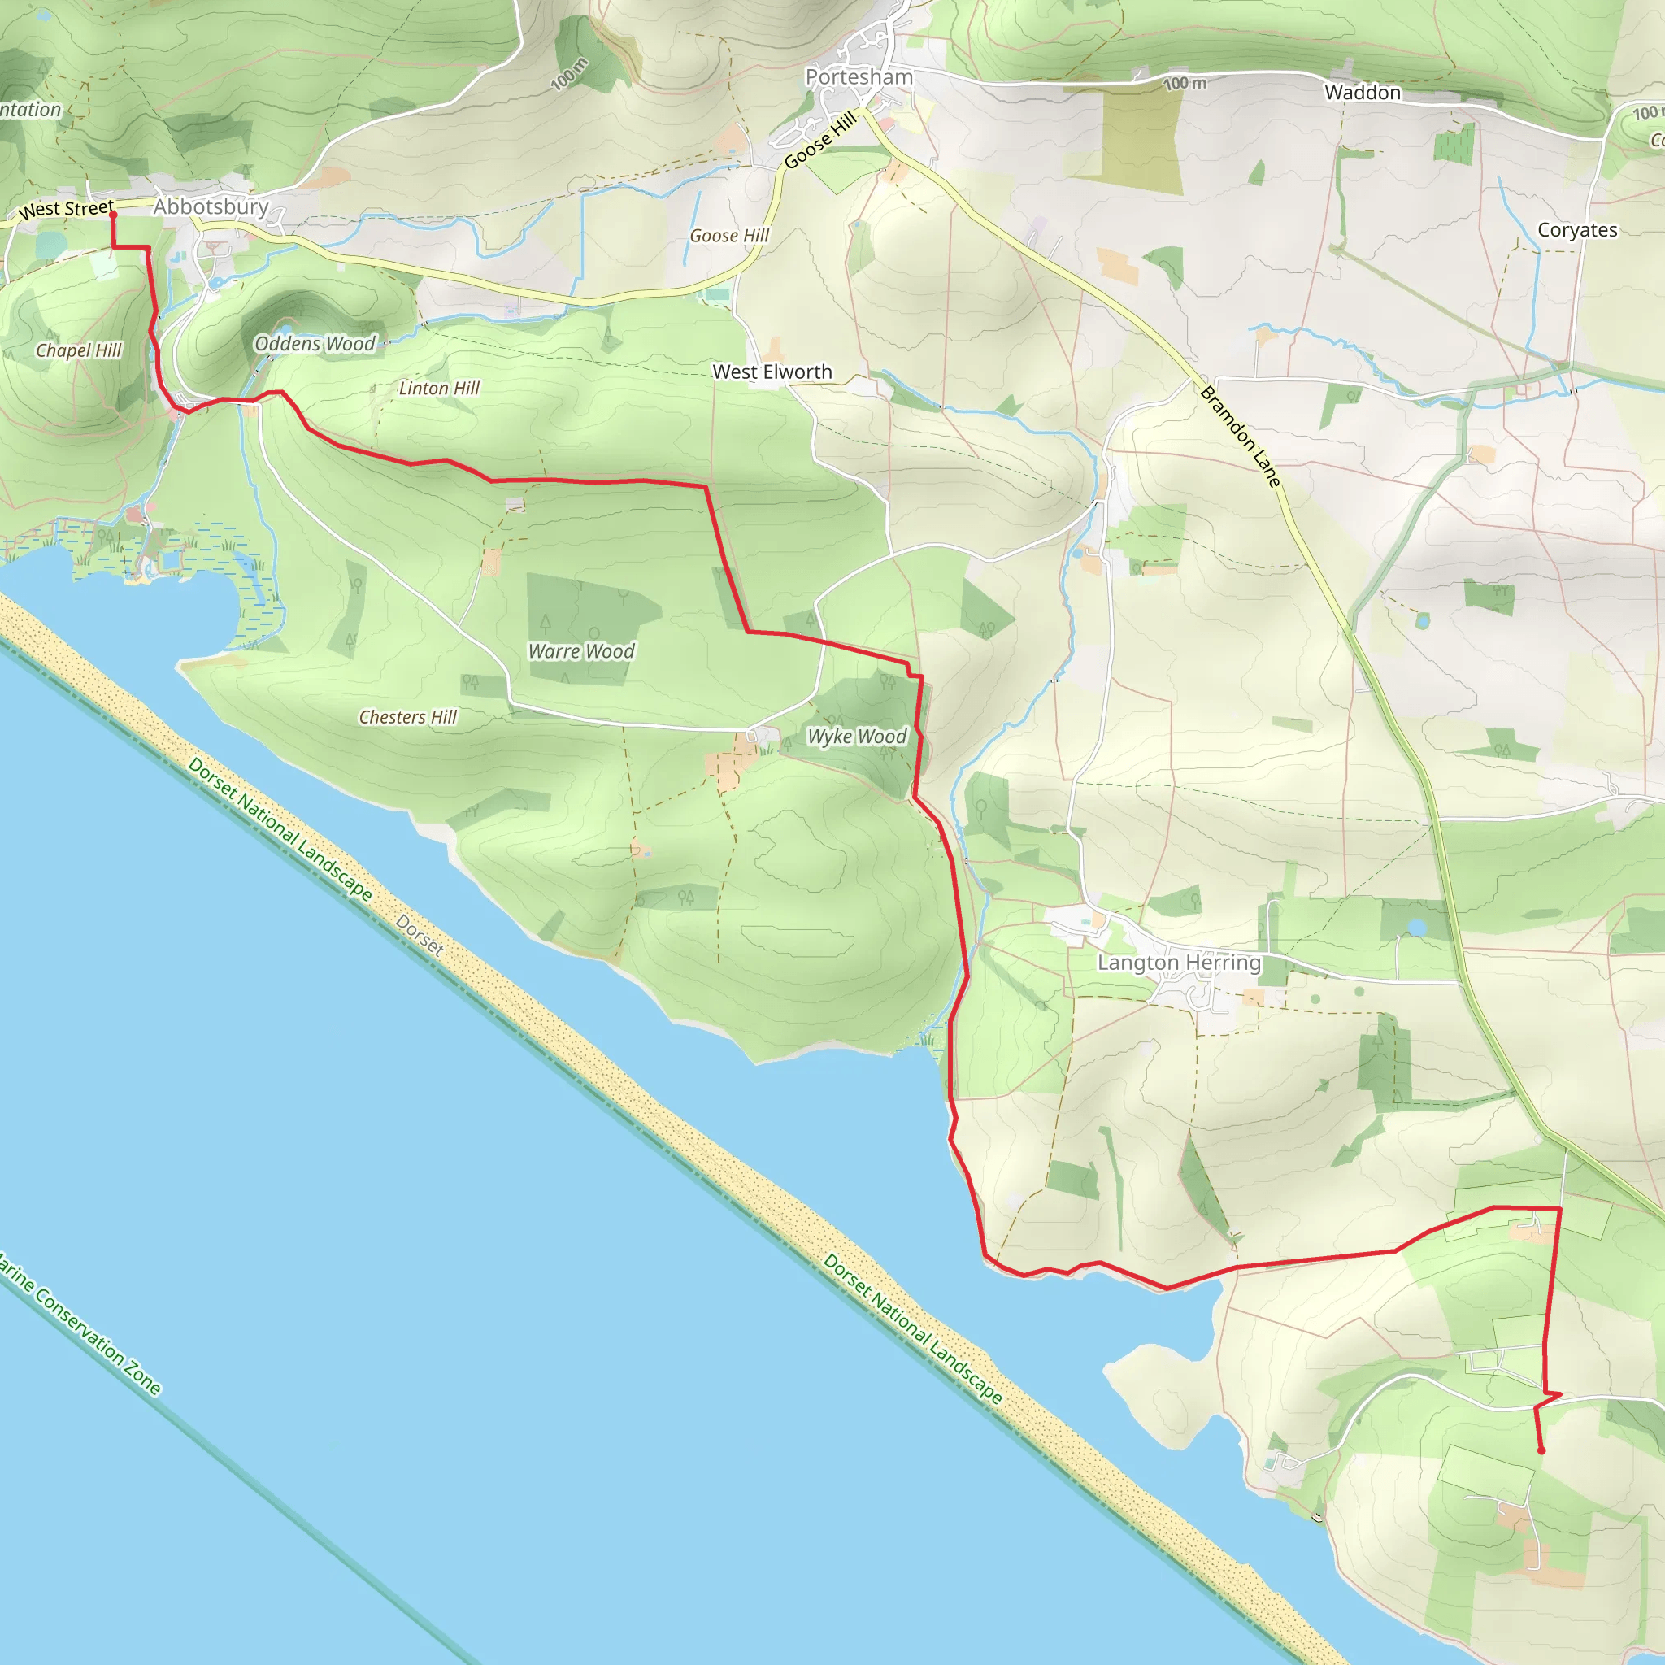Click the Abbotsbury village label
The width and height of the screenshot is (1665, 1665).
[x=211, y=206]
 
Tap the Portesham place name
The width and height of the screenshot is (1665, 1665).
[x=859, y=77]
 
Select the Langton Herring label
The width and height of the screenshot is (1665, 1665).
[x=1178, y=963]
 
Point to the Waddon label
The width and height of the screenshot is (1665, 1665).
[x=1363, y=92]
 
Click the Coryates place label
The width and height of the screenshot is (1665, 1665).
[x=1577, y=230]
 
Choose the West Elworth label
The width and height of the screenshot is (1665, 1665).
[x=772, y=372]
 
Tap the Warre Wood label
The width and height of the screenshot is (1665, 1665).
[x=582, y=651]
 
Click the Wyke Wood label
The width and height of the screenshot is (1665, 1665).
[x=857, y=737]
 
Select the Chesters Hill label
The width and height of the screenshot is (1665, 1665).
[x=407, y=717]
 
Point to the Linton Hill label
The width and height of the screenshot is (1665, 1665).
[x=439, y=389]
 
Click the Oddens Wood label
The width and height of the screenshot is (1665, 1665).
[x=315, y=344]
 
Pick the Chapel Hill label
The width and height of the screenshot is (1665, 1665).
[x=78, y=350]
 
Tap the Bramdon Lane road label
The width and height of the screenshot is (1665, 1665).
[x=1241, y=437]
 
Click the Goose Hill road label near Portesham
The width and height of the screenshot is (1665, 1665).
[x=820, y=140]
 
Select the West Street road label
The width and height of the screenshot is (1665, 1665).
[x=66, y=210]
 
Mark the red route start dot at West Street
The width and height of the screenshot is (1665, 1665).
[x=113, y=215]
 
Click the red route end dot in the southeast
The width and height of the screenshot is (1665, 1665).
[x=1541, y=1450]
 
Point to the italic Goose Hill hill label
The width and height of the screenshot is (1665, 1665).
[x=729, y=236]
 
